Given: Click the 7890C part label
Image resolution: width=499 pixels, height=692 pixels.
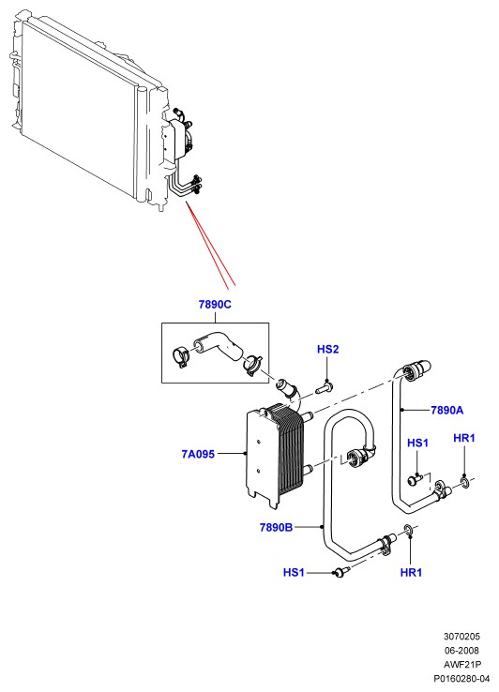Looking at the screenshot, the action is coord(215,305).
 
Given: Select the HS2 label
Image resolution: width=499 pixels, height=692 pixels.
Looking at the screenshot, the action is coord(327,350).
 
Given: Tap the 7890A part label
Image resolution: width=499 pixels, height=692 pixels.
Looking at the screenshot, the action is coord(446,411).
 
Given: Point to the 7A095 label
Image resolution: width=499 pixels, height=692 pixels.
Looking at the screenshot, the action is coord(198,454).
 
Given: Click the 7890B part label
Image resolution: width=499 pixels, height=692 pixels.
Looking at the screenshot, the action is coord(276,527).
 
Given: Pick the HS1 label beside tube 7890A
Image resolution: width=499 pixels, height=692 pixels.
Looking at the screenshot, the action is coord(417,443).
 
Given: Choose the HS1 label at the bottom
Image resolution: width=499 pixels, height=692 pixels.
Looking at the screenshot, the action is coord(294,572).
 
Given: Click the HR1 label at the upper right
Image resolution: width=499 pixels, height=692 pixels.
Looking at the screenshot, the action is coord(464,438).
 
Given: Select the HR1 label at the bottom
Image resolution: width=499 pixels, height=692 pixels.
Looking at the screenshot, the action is coord(411,572).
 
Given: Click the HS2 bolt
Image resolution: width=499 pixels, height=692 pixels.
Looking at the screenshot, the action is coord(325,389).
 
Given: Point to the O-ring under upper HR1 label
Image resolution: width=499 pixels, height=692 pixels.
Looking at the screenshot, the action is coord(465,481).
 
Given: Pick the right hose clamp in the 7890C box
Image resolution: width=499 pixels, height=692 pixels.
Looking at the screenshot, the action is coord(252,365).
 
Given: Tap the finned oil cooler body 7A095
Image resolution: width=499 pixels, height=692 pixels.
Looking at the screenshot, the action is coord(275,454).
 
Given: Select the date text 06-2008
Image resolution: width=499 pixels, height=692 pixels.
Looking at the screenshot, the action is coord(461,650).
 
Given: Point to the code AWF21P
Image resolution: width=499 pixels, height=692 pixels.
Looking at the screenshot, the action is coord(461,664).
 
